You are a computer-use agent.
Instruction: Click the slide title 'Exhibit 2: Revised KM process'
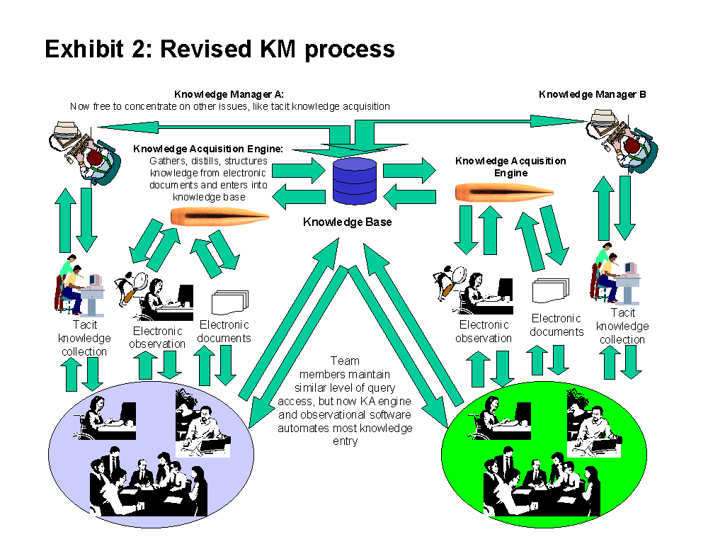click(x=219, y=49)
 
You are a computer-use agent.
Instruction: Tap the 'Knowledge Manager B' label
click(x=592, y=94)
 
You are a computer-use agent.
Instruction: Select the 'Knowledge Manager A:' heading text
click(x=229, y=94)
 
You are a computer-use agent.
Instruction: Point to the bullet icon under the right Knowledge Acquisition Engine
click(x=503, y=193)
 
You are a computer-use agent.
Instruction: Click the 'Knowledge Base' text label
click(x=347, y=222)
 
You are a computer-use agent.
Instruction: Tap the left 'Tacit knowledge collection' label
click(x=84, y=338)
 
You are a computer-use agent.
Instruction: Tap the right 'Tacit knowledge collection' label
click(x=622, y=326)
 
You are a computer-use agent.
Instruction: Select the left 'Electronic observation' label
click(x=157, y=337)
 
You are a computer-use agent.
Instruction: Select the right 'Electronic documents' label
click(x=556, y=325)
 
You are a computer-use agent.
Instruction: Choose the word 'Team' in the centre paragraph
click(x=345, y=361)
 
